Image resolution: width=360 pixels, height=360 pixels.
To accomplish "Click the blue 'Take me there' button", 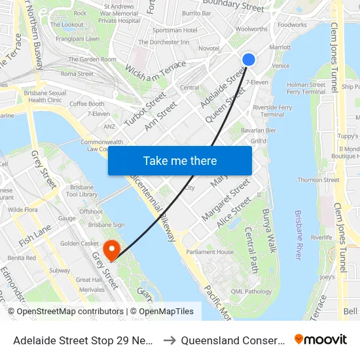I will (x=180, y=160).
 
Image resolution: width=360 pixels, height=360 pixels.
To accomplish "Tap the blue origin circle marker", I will (x=249, y=60).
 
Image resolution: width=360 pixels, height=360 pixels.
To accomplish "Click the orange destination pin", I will (x=111, y=249).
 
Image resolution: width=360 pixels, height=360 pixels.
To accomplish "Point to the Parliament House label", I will (x=209, y=252).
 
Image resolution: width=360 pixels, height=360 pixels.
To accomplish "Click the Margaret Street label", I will (x=226, y=200).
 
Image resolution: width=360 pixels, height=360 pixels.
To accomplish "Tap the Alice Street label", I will (x=234, y=213).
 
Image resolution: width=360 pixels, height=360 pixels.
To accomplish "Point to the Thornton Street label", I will (x=318, y=180).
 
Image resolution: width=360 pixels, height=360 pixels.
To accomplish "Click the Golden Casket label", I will (x=79, y=243).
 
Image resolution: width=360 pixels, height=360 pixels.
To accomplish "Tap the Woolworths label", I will (x=251, y=29).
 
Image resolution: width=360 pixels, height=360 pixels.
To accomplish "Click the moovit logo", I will (x=320, y=339).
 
